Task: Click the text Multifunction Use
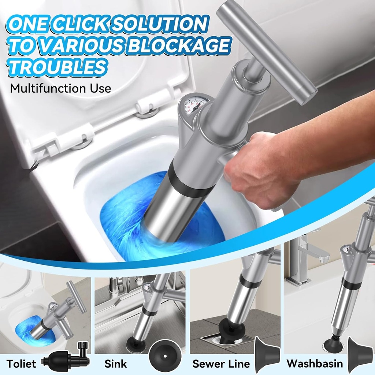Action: pyautogui.click(x=60, y=88)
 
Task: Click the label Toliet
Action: pyautogui.click(x=22, y=364)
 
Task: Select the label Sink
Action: pyautogui.click(x=115, y=364)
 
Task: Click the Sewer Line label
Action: pyautogui.click(x=221, y=364)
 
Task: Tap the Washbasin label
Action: pyautogui.click(x=315, y=364)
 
